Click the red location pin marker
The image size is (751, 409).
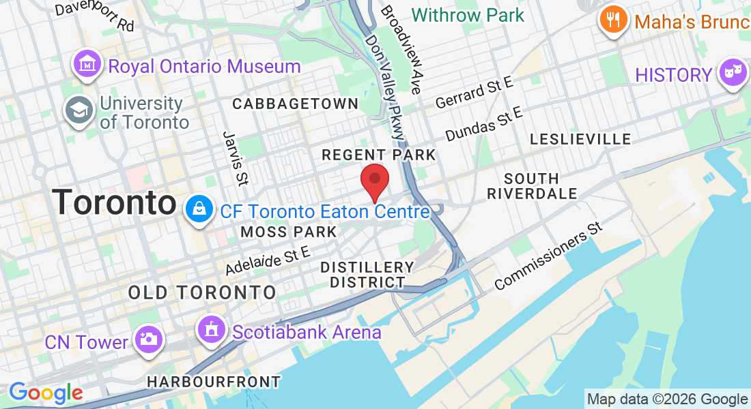pos(374,181)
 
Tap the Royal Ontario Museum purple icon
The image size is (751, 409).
pos(87,65)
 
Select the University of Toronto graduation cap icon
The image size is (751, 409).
pos(79,110)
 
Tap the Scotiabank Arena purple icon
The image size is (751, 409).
pos(212,331)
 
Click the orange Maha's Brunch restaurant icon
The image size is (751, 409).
pos(614,21)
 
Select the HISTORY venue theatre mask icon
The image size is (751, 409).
pos(733,74)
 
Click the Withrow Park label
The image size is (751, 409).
pos(468,15)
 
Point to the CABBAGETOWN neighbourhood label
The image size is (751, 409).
pos(295,104)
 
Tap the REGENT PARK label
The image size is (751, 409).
pos(378,155)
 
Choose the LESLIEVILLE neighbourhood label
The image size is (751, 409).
pos(580,139)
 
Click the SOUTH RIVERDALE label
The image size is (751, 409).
pos(532,186)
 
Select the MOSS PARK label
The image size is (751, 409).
pos(289,232)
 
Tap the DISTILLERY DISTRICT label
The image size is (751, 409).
pos(367,274)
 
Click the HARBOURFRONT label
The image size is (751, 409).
pos(213,382)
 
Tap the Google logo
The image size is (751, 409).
pos(45,392)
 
